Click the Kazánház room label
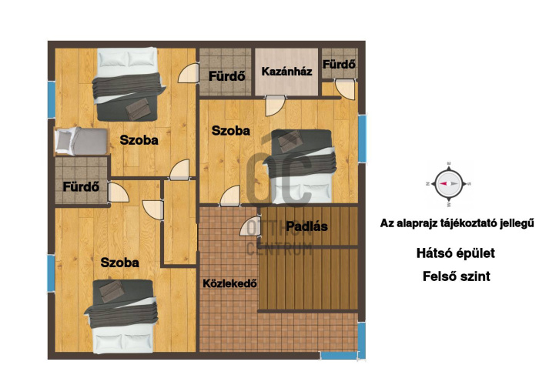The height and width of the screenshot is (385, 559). (x=286, y=72)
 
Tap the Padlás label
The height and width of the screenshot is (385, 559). (x=306, y=226)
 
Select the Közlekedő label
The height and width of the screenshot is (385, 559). (x=230, y=283)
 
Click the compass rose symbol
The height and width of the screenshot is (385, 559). (x=449, y=184)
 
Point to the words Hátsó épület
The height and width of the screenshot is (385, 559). (x=456, y=253)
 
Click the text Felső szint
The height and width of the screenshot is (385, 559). (x=457, y=276)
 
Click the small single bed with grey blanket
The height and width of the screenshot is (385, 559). (x=82, y=141)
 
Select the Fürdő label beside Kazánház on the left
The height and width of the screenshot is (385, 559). (x=226, y=76)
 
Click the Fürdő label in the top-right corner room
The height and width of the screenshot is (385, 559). (x=339, y=64)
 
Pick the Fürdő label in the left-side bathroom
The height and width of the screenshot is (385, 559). (x=81, y=186)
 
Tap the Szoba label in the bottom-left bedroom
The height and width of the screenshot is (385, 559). (x=119, y=263)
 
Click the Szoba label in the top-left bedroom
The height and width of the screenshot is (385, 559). (x=139, y=140)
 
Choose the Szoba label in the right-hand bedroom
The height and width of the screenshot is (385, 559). (x=231, y=131)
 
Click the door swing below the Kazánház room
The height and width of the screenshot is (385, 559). (x=275, y=105)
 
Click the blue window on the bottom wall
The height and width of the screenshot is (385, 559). (x=339, y=356)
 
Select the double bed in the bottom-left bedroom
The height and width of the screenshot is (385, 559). (x=122, y=316)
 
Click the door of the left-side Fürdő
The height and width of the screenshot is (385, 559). (x=118, y=192)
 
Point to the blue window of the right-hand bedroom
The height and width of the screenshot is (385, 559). (x=362, y=138)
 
